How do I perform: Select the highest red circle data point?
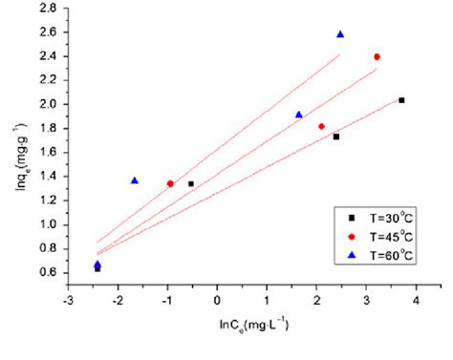click(377, 57)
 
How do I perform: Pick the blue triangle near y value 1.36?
click(135, 180)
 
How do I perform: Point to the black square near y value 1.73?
click(336, 137)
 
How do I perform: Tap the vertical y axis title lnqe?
click(14, 143)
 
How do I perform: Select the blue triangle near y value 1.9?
click(299, 115)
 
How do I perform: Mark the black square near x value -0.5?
click(191, 183)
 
